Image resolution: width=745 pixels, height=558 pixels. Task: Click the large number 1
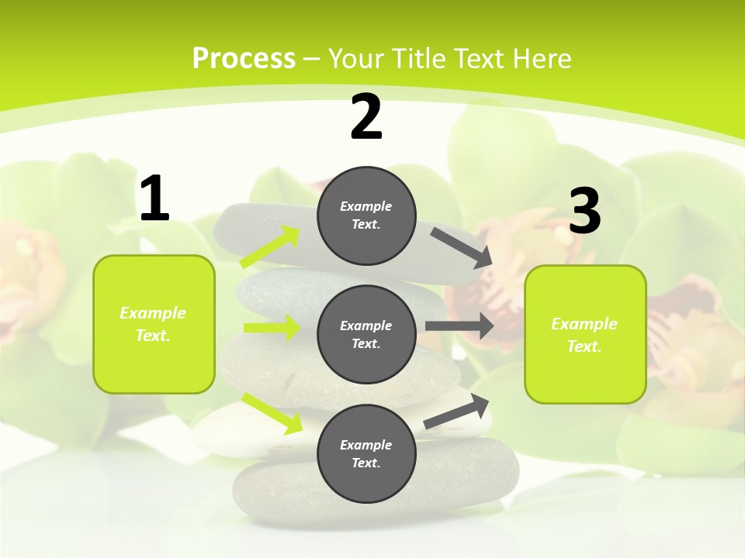point(154,199)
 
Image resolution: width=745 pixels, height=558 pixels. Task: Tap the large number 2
point(366,117)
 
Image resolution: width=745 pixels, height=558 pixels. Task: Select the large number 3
point(585,212)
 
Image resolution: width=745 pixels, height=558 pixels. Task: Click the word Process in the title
point(244,58)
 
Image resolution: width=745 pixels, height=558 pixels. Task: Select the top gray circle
point(366,215)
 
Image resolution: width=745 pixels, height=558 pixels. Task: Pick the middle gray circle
point(366,334)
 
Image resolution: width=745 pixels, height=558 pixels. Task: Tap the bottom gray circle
point(366,453)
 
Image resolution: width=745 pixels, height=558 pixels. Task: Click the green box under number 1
point(154,324)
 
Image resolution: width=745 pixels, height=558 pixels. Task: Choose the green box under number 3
point(585,334)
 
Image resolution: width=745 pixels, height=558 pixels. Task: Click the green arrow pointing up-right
point(270,247)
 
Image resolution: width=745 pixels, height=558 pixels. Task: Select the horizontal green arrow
point(272,328)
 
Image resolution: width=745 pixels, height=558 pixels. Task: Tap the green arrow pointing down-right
point(272,412)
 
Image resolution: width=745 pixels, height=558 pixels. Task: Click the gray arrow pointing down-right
point(462,248)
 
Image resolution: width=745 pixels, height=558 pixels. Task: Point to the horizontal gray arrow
point(459,325)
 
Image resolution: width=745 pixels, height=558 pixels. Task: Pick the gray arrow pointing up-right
point(456,412)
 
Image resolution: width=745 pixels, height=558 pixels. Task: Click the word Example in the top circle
point(366,206)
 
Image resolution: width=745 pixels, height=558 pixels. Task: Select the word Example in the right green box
point(584,324)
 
